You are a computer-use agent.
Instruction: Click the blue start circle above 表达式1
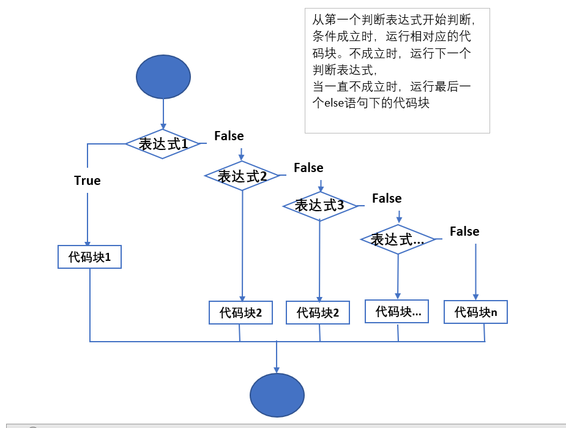[163, 77]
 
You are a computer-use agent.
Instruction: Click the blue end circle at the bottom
[277, 395]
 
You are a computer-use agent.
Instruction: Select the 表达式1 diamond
[163, 144]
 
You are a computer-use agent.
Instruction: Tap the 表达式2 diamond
[242, 176]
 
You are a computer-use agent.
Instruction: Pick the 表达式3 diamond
[319, 206]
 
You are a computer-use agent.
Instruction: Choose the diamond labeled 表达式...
[398, 239]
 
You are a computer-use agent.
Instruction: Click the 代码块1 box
[90, 257]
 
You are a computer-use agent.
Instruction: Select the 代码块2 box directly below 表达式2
[240, 312]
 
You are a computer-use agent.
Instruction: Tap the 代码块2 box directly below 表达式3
[318, 312]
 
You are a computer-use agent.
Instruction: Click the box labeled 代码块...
[397, 312]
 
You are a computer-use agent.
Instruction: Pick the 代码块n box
[475, 312]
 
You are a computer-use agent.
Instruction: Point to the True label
[88, 181]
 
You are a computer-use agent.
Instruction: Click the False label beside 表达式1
[229, 136]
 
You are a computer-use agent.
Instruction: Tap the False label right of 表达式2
[308, 168]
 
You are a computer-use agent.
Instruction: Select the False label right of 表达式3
[387, 198]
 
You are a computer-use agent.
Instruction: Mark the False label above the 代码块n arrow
[464, 231]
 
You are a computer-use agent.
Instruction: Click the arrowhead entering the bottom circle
[277, 369]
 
